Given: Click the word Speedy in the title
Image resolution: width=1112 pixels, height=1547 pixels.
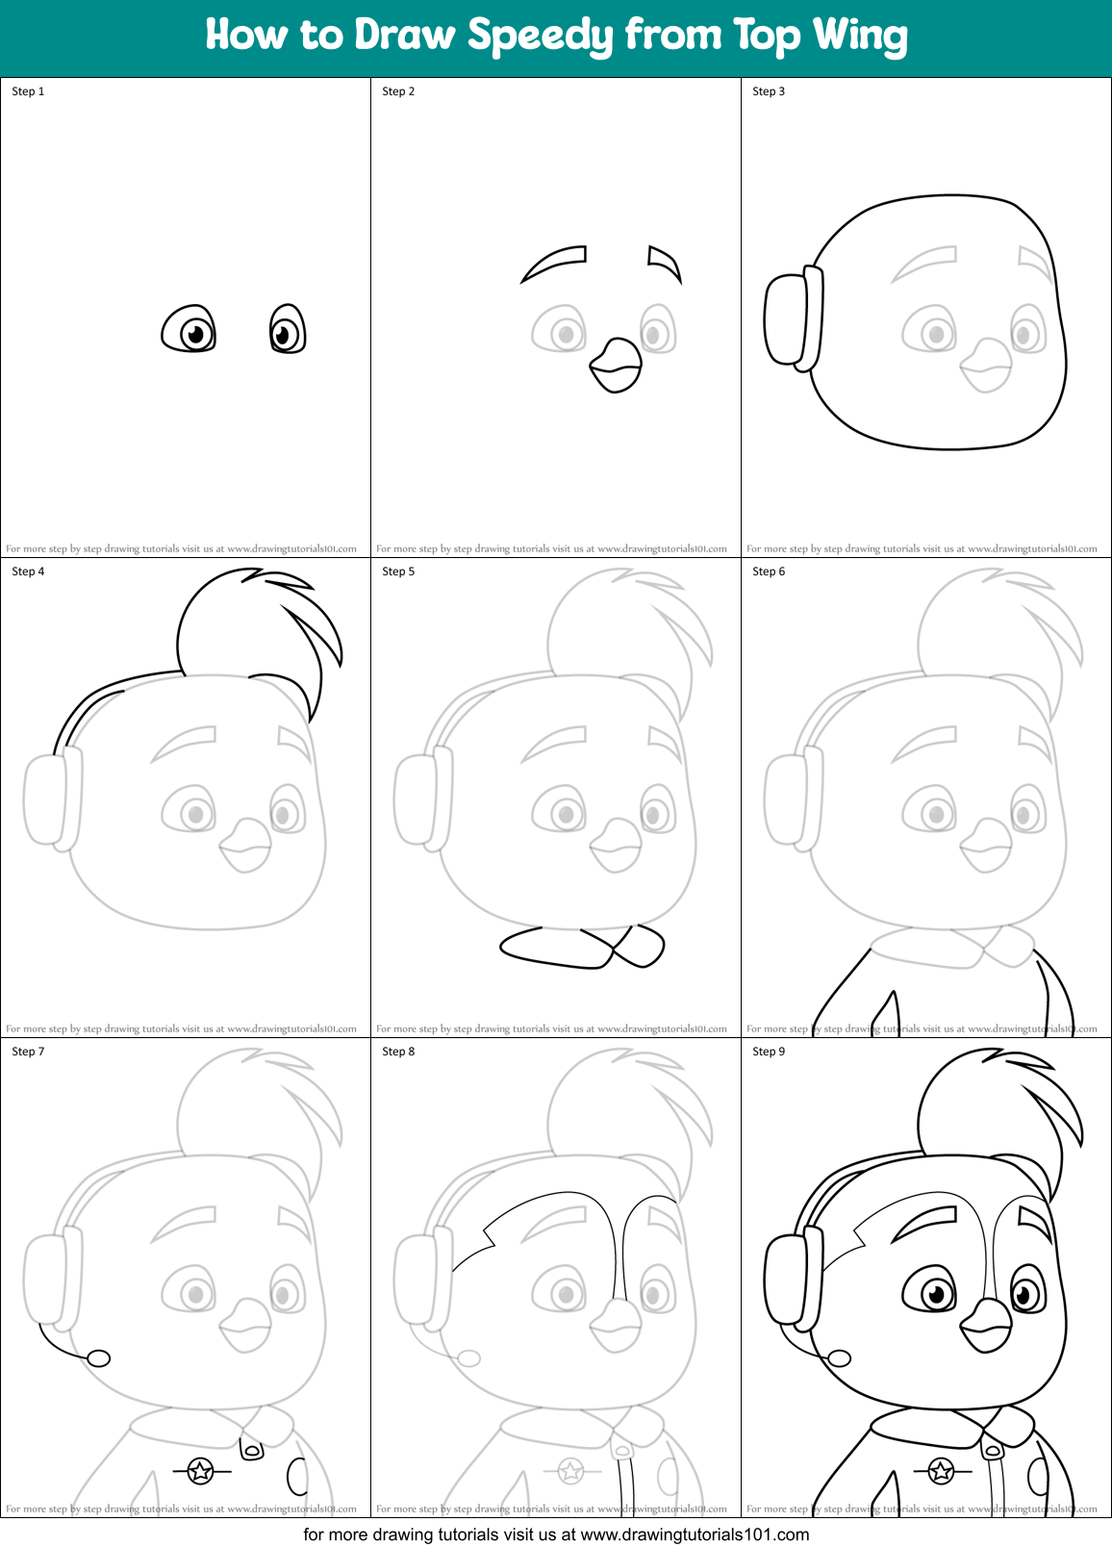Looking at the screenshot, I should coord(540,37).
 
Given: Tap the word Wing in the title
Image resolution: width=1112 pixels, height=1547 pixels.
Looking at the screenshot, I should coord(860,37).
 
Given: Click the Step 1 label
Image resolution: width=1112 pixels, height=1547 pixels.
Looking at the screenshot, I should coord(28,91).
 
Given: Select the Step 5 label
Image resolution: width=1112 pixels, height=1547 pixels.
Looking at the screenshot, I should coord(398,571).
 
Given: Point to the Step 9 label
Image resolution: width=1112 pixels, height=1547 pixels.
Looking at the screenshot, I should coord(769,1052).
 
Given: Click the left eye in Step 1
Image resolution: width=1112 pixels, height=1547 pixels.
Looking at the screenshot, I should coord(190,330).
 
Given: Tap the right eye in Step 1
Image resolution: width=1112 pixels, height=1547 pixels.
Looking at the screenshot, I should coord(287,330).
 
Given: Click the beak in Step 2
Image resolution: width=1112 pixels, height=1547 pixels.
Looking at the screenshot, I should coord(616,366).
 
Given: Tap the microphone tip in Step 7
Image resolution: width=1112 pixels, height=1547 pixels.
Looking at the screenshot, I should coord(99,1358).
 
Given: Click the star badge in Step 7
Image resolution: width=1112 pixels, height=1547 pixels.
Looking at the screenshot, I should coord(200,1470).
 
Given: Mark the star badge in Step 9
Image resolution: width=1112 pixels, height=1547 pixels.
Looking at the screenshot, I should coord(941,1470).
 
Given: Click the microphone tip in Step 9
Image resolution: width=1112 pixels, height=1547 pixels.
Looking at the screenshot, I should coord(840,1358).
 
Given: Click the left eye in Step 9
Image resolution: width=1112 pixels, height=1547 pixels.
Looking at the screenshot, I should coord(931,1291).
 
